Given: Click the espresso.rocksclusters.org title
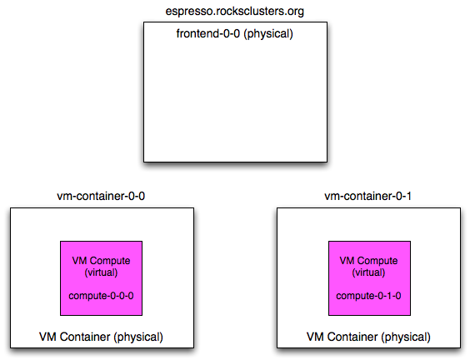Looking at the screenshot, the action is pos(235,12).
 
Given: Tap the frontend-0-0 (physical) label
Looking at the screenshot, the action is pos(235,33).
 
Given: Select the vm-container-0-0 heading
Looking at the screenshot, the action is pos(101,196).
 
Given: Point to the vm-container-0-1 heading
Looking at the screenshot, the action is pos(367,196).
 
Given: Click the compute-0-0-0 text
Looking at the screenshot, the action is pos(101,296).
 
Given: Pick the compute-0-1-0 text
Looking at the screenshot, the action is pos(368,296).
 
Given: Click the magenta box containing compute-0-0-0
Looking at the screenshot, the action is pos(102,278).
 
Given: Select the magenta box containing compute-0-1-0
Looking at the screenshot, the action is pos(370,278).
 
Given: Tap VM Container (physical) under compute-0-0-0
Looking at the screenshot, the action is pos(101,337).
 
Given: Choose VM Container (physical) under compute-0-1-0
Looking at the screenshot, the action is pos(368,337).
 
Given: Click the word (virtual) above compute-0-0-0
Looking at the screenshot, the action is pos(101,272).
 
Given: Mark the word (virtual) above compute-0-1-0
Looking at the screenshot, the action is pos(368,272).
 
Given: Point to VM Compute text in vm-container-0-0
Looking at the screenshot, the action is pos(101,261).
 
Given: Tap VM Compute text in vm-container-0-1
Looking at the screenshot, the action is pos(368,261).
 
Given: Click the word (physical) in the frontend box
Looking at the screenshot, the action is pos(268,33).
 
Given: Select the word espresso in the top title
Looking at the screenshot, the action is pos(189,12).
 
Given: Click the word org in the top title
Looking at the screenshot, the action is pos(296,12).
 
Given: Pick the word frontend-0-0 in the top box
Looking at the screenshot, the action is pos(208,33).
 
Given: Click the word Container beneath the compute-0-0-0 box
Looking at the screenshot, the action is pos(85,337).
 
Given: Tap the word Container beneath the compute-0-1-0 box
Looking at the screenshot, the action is pos(352,337).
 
